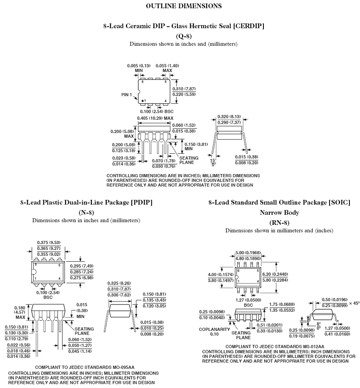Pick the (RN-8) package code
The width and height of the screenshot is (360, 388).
279,222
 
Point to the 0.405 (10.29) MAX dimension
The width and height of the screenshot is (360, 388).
155,118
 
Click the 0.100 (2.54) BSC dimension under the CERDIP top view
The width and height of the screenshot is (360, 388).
152,111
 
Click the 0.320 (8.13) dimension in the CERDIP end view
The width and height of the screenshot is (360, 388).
229,116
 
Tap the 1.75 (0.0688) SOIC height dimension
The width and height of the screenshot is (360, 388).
281,304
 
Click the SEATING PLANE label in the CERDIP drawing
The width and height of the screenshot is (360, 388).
189,160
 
